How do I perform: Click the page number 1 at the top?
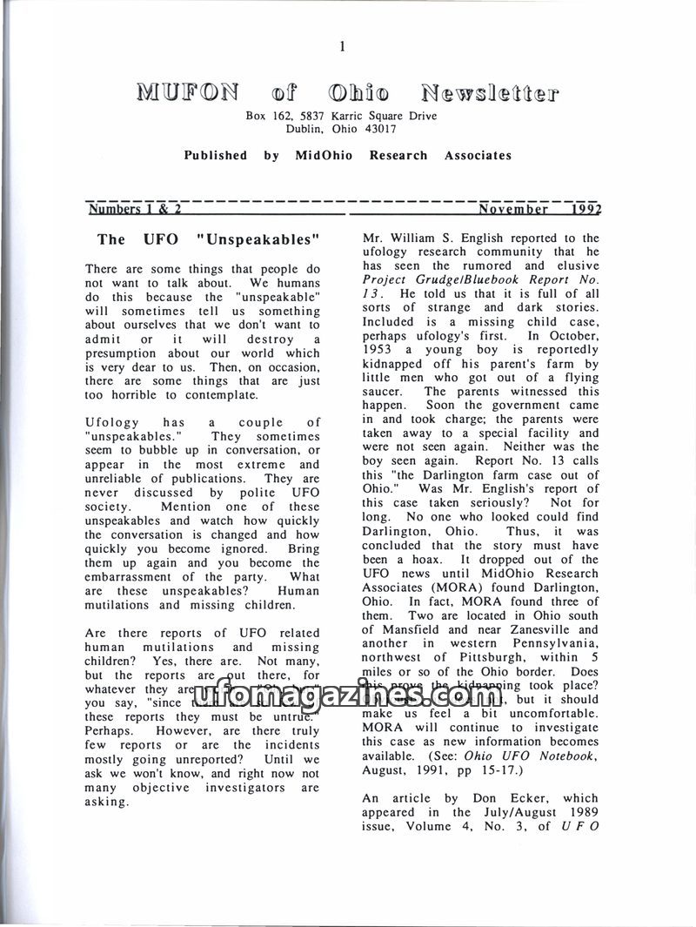344,47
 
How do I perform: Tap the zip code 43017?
379,129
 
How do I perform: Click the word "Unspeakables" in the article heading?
259,239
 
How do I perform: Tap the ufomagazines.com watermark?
348,696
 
